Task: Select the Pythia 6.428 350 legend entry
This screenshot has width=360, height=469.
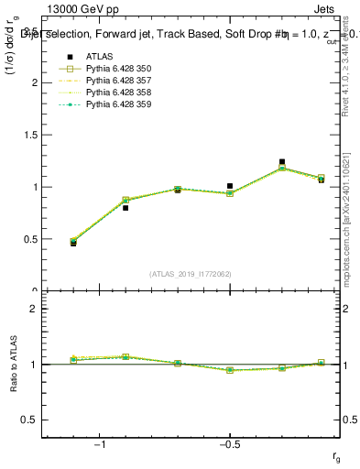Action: click(116, 69)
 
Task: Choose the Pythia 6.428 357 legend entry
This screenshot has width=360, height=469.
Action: click(116, 81)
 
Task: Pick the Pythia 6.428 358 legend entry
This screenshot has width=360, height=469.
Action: click(116, 93)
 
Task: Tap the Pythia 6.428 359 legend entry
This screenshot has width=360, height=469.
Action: click(116, 104)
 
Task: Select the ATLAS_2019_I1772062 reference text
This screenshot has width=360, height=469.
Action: click(191, 274)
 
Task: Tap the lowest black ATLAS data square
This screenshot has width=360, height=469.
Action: click(73, 243)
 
